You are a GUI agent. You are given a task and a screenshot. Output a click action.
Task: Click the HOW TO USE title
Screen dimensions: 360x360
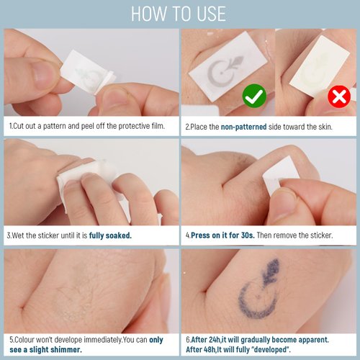(x=179, y=14)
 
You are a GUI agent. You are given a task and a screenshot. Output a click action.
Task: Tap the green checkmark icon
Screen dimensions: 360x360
(x=253, y=95)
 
